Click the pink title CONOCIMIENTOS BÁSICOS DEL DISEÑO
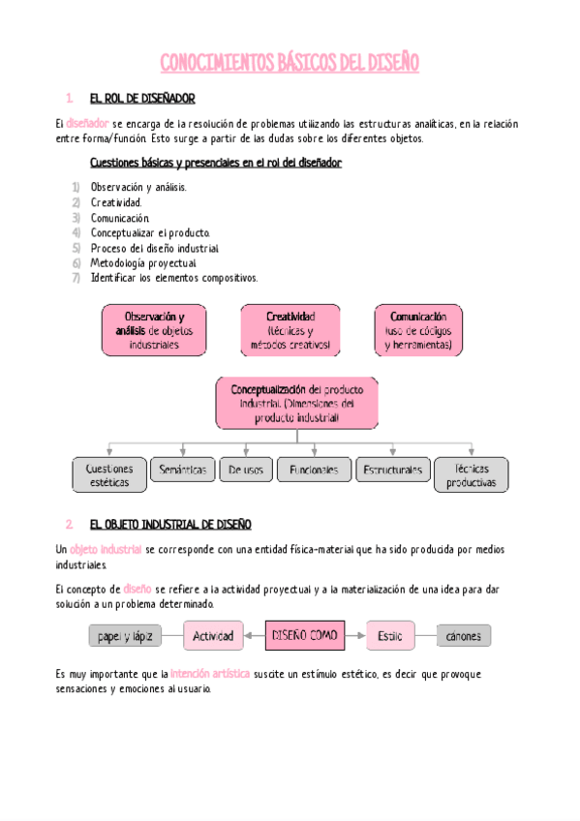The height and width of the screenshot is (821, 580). tap(290, 64)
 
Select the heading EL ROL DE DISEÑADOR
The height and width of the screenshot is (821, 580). tap(142, 99)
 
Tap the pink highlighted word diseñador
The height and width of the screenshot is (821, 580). tap(88, 123)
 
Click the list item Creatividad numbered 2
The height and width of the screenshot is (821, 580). tap(116, 202)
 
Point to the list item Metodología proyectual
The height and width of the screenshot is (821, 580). tap(143, 262)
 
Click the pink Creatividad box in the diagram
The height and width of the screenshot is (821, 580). tap(290, 330)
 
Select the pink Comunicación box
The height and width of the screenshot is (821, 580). tap(418, 330)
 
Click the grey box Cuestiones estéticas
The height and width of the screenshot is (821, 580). tap(109, 474)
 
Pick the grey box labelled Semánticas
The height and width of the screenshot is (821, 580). tap(182, 470)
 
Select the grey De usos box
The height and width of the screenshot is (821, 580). tap(246, 470)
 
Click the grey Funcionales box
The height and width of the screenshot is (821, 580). tap(314, 470)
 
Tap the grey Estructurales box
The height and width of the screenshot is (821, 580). tap(392, 470)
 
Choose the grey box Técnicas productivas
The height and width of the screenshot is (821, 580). tap(471, 474)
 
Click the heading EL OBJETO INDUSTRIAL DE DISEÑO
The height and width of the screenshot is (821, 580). tap(170, 524)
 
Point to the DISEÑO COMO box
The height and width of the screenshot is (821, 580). tap(305, 636)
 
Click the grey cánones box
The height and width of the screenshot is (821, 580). tap(463, 636)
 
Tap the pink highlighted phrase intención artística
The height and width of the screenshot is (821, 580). tap(210, 673)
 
